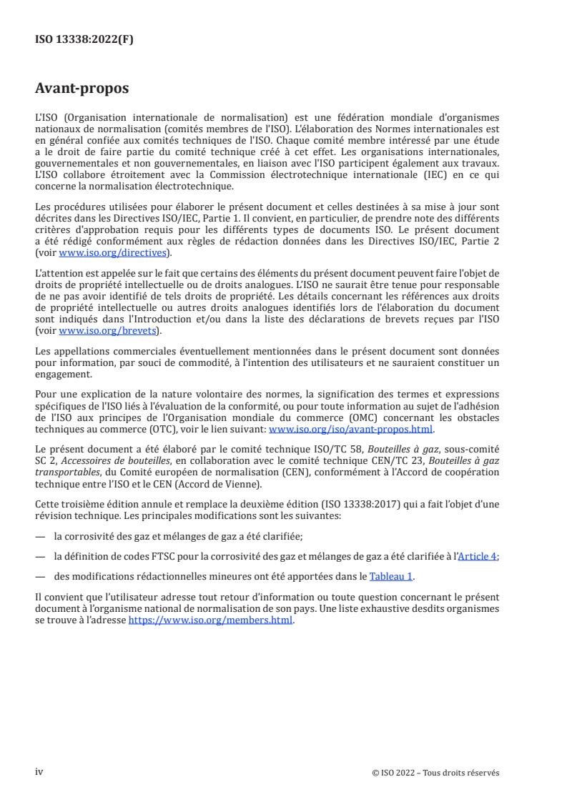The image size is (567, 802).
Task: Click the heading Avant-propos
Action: (x=82, y=89)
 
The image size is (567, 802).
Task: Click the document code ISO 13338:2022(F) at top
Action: (x=84, y=40)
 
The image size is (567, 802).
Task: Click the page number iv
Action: (x=39, y=772)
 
